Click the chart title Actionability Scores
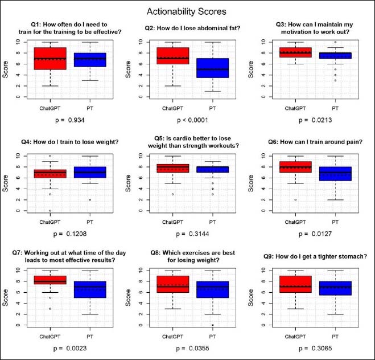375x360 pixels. point(187,11)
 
